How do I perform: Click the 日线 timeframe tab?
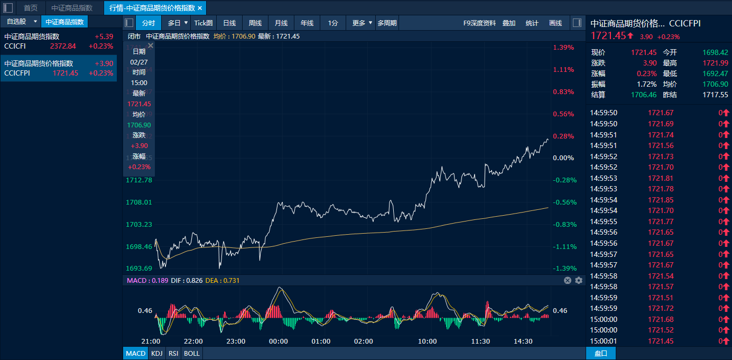pyautogui.click(x=229, y=23)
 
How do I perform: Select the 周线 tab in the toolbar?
pyautogui.click(x=255, y=23)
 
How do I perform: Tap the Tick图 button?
pyautogui.click(x=203, y=23)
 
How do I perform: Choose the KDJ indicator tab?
pyautogui.click(x=157, y=353)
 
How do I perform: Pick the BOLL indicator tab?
pyautogui.click(x=192, y=353)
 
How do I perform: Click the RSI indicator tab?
pyautogui.click(x=173, y=353)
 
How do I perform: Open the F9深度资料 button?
pyautogui.click(x=479, y=23)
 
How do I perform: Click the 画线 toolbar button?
pyautogui.click(x=555, y=23)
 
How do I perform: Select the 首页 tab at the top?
pyautogui.click(x=31, y=8)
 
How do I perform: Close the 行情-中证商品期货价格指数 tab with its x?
pyautogui.click(x=200, y=8)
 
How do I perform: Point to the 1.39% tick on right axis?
pyautogui.click(x=563, y=48)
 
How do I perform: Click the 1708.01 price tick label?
pyautogui.click(x=139, y=202)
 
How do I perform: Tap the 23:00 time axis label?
pyautogui.click(x=236, y=341)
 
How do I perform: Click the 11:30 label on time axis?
pyautogui.click(x=480, y=341)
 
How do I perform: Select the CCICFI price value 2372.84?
pyautogui.click(x=63, y=46)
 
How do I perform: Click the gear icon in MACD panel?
pyautogui.click(x=579, y=280)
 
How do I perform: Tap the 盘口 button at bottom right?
pyautogui.click(x=601, y=353)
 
